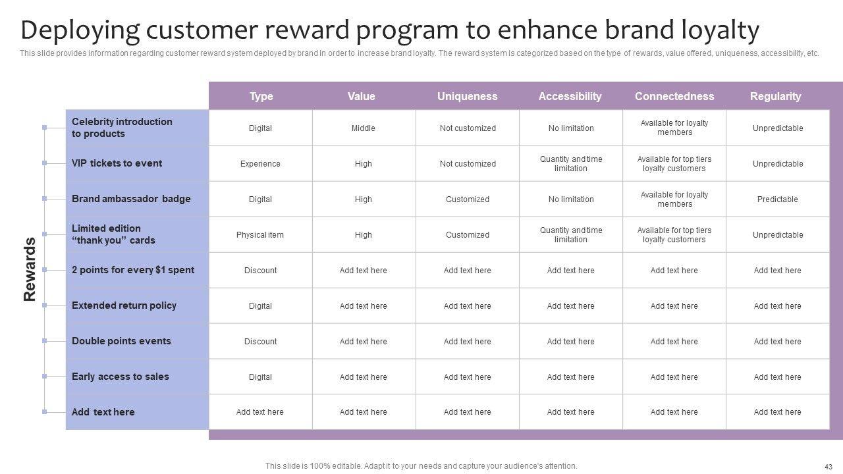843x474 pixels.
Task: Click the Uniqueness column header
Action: pos(467,96)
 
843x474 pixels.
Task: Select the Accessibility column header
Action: pos(570,96)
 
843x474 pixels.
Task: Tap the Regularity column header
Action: pos(775,96)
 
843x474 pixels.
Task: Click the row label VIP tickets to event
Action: pos(117,163)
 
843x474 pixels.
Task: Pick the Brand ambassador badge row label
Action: pos(131,199)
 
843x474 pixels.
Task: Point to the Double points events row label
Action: pos(121,341)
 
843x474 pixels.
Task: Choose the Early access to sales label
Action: pos(120,376)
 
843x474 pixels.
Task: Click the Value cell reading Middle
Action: pos(363,128)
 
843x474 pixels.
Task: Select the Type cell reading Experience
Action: pos(260,164)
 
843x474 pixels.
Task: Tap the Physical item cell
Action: pos(259,235)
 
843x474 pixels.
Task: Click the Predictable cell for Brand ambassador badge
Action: pos(777,199)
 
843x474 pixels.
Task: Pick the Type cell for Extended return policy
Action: pos(260,306)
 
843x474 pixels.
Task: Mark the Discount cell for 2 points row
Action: pos(260,270)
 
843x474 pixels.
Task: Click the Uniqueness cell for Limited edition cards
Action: pos(468,235)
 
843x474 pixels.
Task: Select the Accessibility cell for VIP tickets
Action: pos(571,164)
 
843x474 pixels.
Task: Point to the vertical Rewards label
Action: pos(30,269)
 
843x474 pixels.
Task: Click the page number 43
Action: pos(829,467)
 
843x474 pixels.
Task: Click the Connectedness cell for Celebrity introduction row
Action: pos(674,128)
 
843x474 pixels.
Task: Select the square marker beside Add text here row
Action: pos(44,412)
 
